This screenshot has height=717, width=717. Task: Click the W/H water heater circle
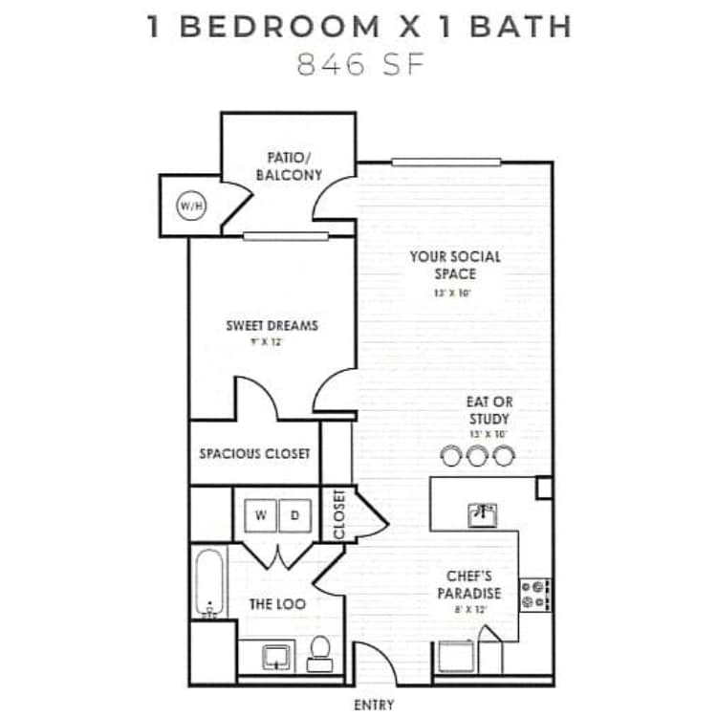[x=187, y=205]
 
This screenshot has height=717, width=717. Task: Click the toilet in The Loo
[x=319, y=650]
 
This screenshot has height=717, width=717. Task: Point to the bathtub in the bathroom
[x=209, y=583]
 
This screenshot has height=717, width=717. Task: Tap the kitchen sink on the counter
[x=482, y=515]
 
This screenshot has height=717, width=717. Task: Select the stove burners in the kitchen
[x=533, y=594]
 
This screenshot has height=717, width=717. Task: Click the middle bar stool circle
[x=477, y=456]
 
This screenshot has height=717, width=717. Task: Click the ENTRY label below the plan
[x=373, y=706]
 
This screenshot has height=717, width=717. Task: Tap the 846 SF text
[x=359, y=66]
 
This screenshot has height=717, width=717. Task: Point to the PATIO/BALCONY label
[x=289, y=166]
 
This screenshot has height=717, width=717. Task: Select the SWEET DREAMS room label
[x=272, y=325]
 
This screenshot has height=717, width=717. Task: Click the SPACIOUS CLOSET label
[x=254, y=453]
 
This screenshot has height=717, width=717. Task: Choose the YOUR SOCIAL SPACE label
[x=455, y=265]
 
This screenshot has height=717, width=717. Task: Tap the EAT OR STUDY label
[x=489, y=410]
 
